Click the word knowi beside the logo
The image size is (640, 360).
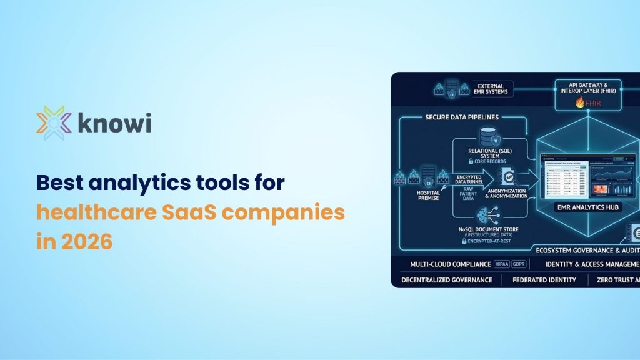pyautogui.click(x=114, y=123)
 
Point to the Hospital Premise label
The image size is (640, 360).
pyautogui.click(x=428, y=195)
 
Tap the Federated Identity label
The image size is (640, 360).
pyautogui.click(x=544, y=280)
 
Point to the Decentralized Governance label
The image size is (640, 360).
pyautogui.click(x=446, y=280)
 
